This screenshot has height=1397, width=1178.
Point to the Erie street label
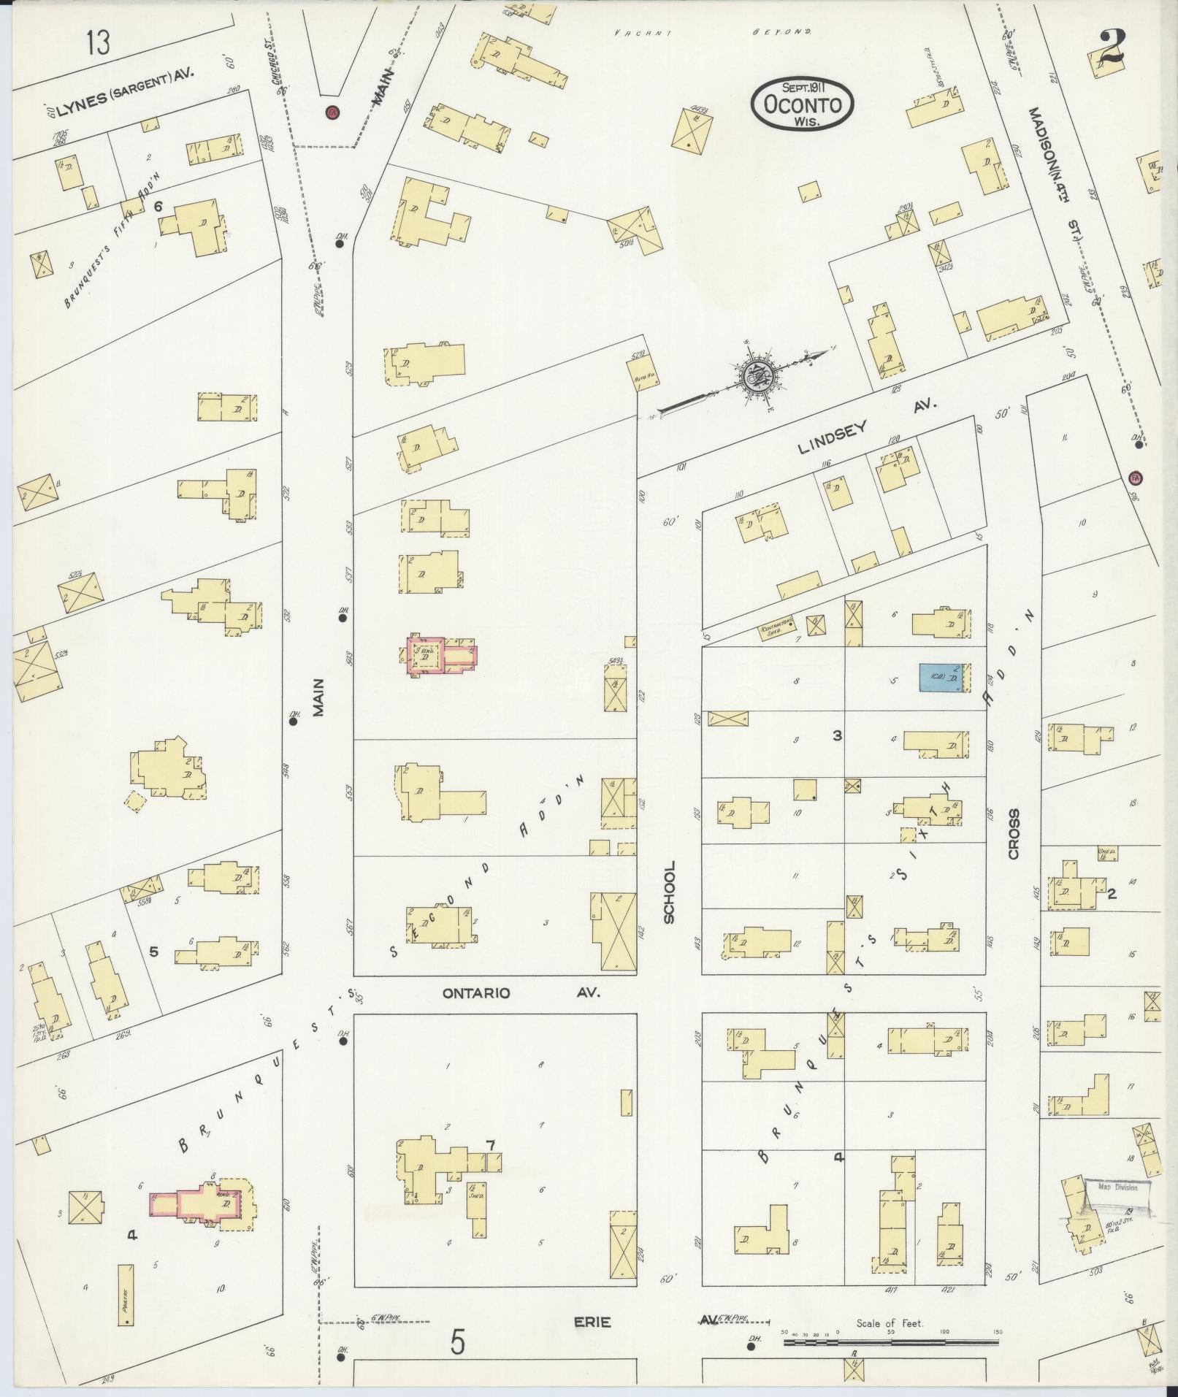(x=592, y=1323)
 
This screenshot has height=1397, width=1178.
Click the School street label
(x=669, y=892)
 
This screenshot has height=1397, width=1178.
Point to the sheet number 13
(x=97, y=43)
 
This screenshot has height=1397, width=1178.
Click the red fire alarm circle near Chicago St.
(x=333, y=112)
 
